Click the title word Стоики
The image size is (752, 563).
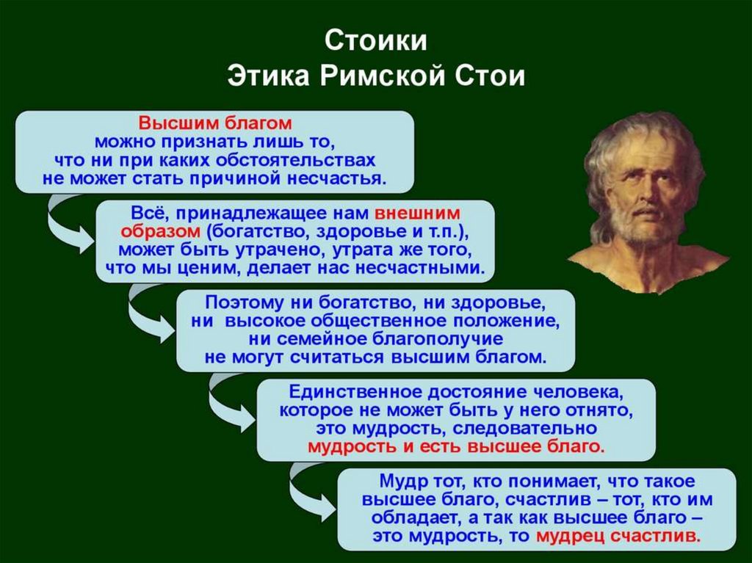point(375,40)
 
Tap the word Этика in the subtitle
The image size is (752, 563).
point(268,76)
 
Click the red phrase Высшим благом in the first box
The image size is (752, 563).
point(215,123)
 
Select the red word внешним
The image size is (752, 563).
point(417,213)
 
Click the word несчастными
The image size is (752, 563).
point(420,268)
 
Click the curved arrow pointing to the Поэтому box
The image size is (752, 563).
point(144,314)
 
